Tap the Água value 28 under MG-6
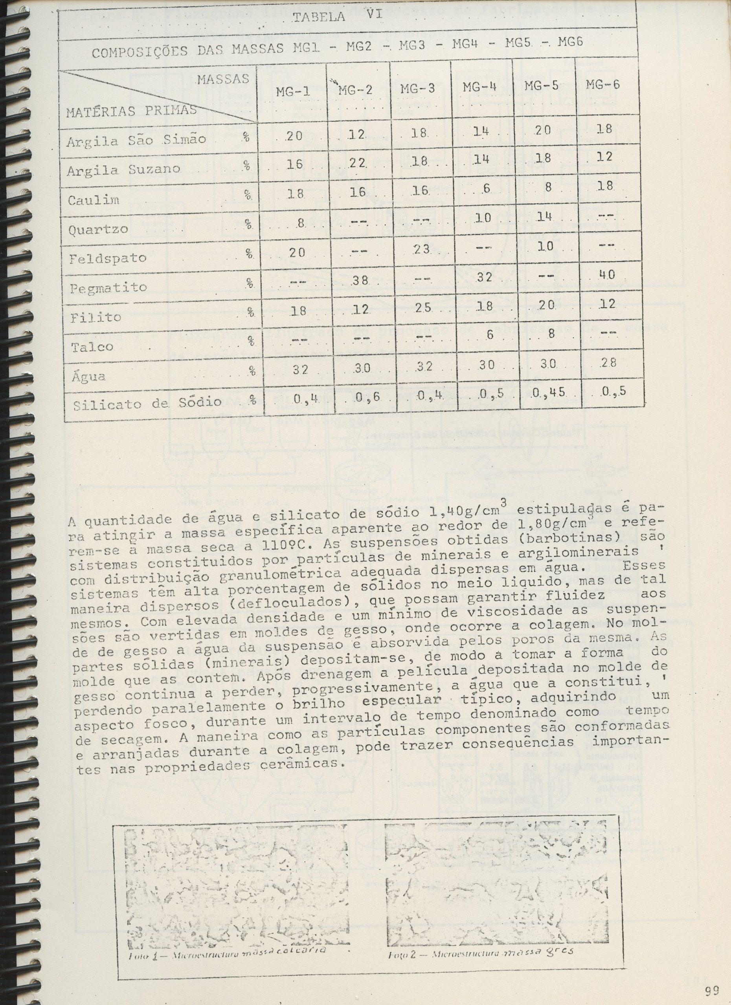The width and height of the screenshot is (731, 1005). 607,362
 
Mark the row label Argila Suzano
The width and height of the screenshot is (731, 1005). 123,169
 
